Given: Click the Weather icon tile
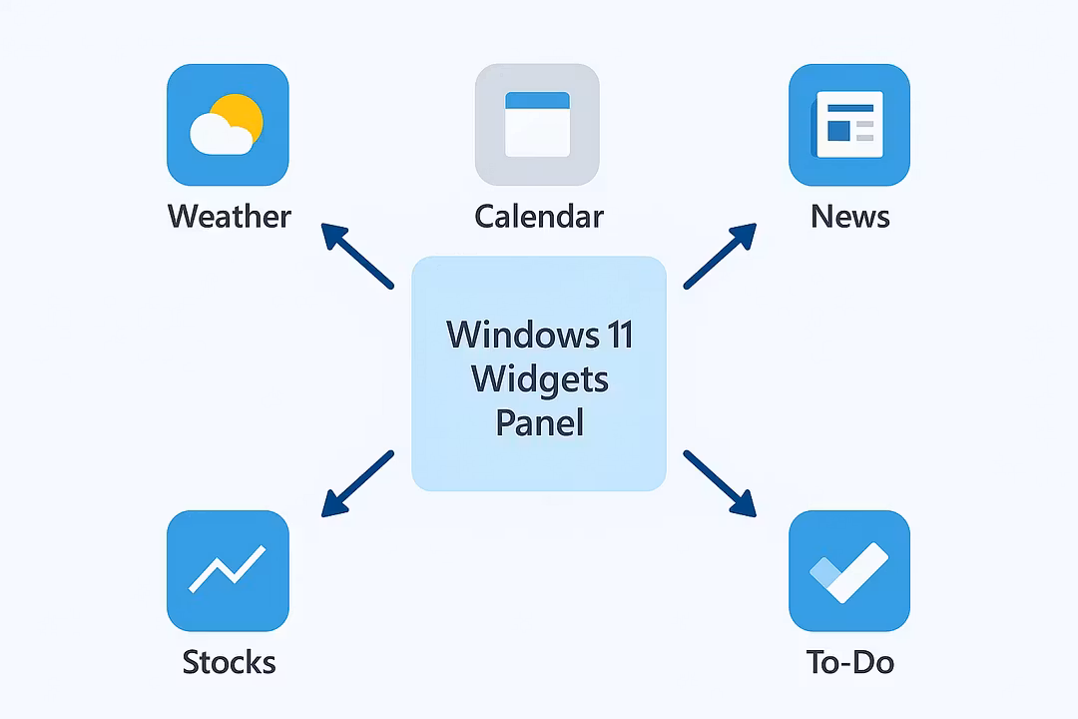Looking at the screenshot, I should click(x=228, y=125).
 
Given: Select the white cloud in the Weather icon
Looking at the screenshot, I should click(x=218, y=135).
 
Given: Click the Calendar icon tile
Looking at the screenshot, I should click(x=537, y=125).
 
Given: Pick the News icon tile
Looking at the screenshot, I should click(x=849, y=125).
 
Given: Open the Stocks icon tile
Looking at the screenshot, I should click(x=228, y=571).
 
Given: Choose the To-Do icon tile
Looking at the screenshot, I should click(x=849, y=571).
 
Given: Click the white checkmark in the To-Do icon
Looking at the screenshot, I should click(x=854, y=573).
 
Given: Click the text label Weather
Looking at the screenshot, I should click(x=229, y=216).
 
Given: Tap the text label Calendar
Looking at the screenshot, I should click(x=539, y=216).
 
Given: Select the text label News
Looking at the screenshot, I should click(x=849, y=216).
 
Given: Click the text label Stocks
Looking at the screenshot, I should click(x=229, y=661).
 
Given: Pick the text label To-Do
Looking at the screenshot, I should click(x=849, y=661).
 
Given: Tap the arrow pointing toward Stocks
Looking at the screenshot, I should click(x=356, y=484).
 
